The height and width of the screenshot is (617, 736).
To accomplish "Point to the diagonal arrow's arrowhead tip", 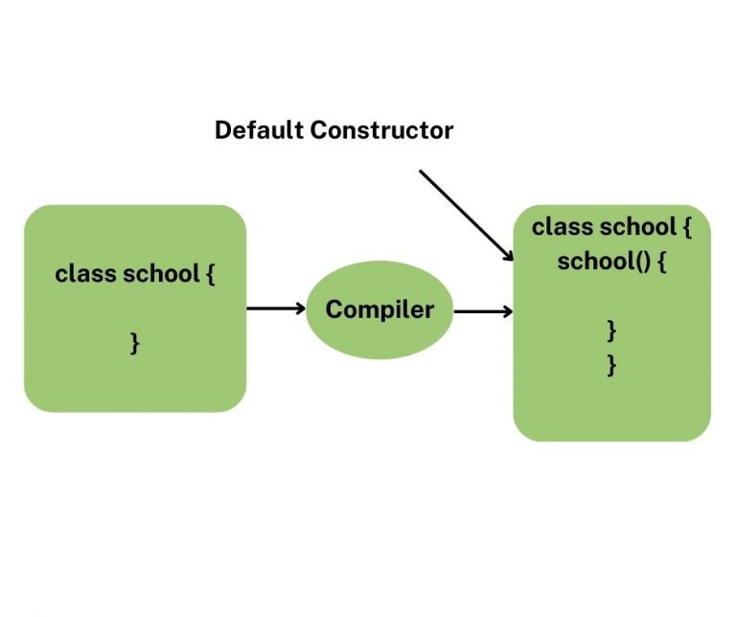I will [x=514, y=261].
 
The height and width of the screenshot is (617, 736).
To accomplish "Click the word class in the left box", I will [x=85, y=273].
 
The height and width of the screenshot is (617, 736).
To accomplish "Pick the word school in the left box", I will [x=160, y=273].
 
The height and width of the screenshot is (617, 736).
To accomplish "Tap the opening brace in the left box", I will [x=210, y=274].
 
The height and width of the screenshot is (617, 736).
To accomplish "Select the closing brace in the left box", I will [x=135, y=343].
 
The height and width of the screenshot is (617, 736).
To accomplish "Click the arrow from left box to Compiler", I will [x=274, y=308].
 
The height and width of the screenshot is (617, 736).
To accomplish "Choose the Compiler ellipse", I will [x=379, y=309].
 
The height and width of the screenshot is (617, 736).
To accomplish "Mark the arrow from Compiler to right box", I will [x=483, y=310].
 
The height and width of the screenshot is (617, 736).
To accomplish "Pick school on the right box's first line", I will [x=637, y=227].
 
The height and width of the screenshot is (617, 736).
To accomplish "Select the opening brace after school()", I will [x=660, y=262].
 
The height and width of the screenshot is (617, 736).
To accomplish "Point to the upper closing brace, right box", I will [x=611, y=331].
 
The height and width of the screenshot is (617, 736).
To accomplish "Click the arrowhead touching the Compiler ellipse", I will [x=300, y=308].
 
